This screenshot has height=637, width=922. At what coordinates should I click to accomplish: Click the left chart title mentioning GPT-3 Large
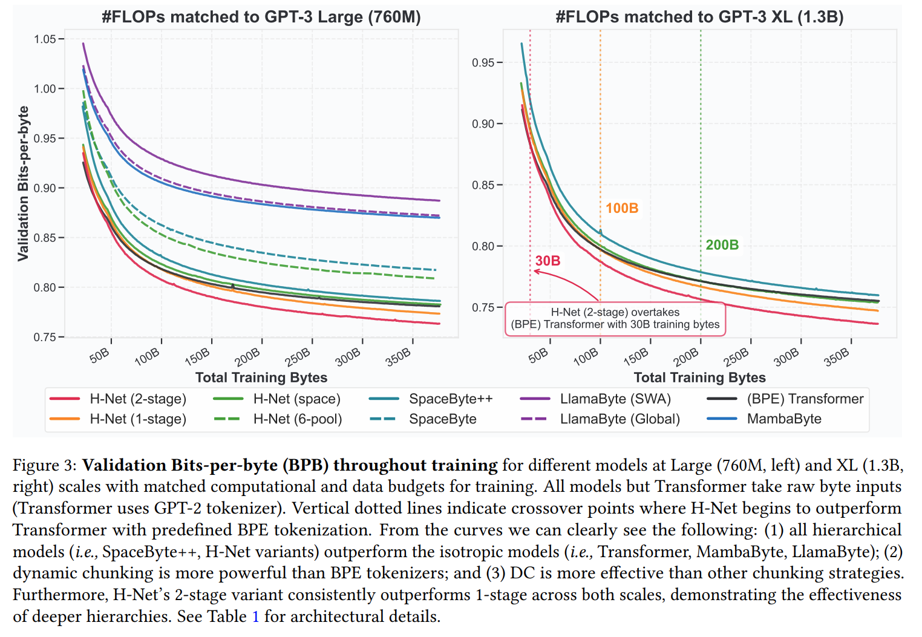[x=261, y=16]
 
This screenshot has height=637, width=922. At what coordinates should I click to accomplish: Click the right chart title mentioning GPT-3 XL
[x=699, y=16]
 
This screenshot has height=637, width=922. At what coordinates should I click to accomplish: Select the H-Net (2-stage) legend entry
[x=137, y=399]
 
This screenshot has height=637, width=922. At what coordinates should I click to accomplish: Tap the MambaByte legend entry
[x=783, y=419]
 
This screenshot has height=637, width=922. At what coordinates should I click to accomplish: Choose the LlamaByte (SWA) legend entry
[x=615, y=399]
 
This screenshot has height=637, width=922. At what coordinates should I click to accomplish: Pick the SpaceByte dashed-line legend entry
[x=442, y=419]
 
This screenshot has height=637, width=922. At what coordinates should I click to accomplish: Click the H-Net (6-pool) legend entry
[x=297, y=419]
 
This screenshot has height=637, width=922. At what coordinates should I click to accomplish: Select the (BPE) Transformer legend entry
[x=805, y=399]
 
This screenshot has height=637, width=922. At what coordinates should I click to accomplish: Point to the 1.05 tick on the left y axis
[x=45, y=39]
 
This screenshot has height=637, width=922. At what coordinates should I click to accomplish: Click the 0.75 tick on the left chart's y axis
[x=45, y=337]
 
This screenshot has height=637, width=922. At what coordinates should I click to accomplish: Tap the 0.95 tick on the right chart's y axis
[x=483, y=62]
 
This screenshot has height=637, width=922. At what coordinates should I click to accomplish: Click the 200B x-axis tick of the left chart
[x=248, y=356]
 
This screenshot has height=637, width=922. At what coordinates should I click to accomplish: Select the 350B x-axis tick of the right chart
[x=837, y=356]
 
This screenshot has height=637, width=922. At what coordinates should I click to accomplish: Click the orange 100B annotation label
[x=622, y=208]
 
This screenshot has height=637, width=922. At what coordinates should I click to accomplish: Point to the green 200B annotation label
[x=722, y=245]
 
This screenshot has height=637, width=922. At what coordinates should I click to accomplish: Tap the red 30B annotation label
[x=548, y=261]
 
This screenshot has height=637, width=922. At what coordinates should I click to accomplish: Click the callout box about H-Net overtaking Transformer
[x=615, y=319]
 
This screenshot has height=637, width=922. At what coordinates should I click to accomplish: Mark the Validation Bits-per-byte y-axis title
[x=23, y=183]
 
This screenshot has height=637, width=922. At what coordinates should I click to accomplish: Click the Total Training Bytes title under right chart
[x=699, y=377]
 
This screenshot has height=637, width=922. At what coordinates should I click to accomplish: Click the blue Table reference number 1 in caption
[x=255, y=616]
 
